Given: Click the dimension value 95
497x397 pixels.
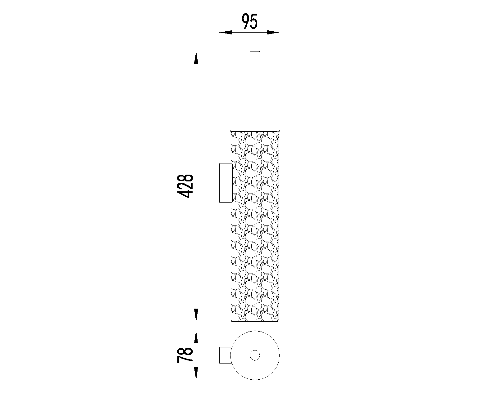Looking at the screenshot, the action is tap(249, 21).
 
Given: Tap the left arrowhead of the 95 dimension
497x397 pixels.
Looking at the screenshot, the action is tap(226, 33).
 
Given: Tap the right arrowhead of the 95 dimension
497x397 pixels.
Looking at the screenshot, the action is tap(273, 33).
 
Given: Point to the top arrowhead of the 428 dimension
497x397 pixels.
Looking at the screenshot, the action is tap(196, 58).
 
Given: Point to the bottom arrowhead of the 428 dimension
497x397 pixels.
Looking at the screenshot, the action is tap(196, 315).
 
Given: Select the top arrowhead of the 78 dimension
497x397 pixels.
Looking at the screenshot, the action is tap(196, 337).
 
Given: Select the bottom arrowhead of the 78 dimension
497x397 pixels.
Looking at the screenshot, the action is tap(196, 373).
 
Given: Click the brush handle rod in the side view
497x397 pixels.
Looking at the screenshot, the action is tap(255, 91).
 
